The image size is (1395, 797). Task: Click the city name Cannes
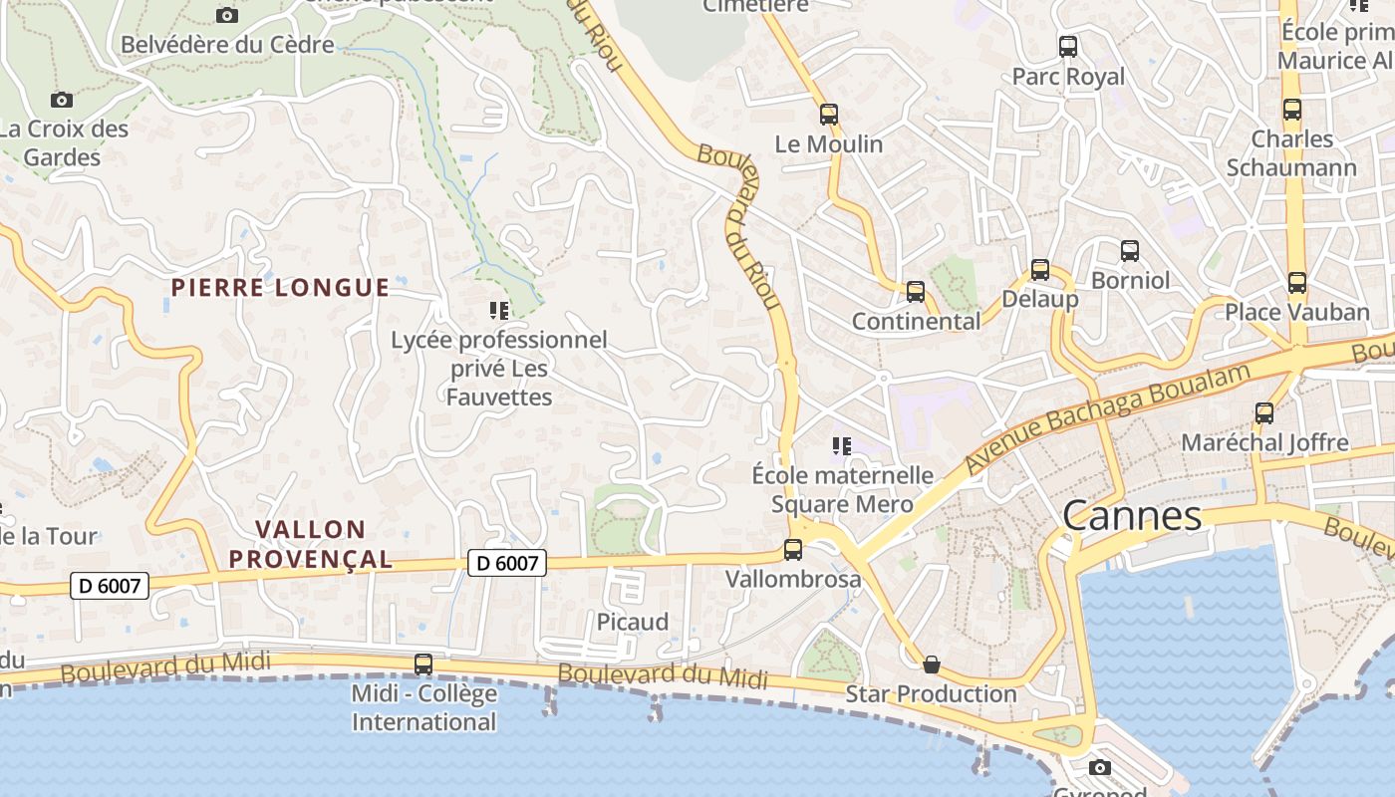point(1132,516)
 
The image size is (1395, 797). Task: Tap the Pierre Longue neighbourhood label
point(280,288)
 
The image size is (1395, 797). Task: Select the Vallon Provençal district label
point(311,544)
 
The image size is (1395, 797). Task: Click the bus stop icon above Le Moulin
point(829,115)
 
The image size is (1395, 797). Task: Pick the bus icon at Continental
point(915,292)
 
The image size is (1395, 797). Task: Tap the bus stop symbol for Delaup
point(1039,270)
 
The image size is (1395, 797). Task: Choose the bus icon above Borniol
point(1129,251)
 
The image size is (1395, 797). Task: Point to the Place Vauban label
point(1296,312)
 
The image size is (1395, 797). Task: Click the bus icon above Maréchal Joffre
point(1263,412)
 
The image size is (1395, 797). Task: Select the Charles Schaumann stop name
point(1291,153)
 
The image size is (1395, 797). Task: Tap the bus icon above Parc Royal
point(1067,47)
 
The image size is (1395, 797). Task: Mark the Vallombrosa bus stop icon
point(793,549)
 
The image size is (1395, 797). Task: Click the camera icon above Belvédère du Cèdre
point(227,15)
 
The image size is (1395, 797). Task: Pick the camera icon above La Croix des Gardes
point(62,100)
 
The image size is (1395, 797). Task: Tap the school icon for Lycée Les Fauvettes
point(498,311)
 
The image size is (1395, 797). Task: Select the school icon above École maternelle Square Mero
point(842,445)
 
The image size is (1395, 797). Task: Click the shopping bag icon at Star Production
point(931,664)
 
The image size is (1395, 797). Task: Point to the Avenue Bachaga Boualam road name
point(1108,418)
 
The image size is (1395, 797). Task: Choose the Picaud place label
point(632,622)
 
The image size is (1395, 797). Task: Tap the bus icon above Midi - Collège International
point(423,664)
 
